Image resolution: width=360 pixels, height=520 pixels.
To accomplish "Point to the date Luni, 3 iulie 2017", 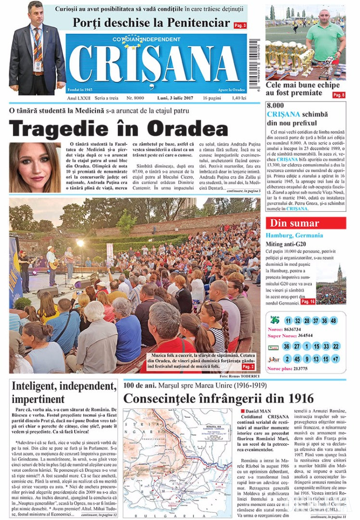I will coord(176,98).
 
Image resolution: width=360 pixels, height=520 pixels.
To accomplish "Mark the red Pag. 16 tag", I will coord(308,301).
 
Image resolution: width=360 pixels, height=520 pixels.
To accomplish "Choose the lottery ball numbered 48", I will coord(334,321).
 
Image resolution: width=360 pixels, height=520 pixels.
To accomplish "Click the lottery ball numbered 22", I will coord(336,346).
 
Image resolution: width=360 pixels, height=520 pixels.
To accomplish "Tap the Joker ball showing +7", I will coord(335,359).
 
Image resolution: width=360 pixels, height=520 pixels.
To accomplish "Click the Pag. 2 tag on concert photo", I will coord(248,366).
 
